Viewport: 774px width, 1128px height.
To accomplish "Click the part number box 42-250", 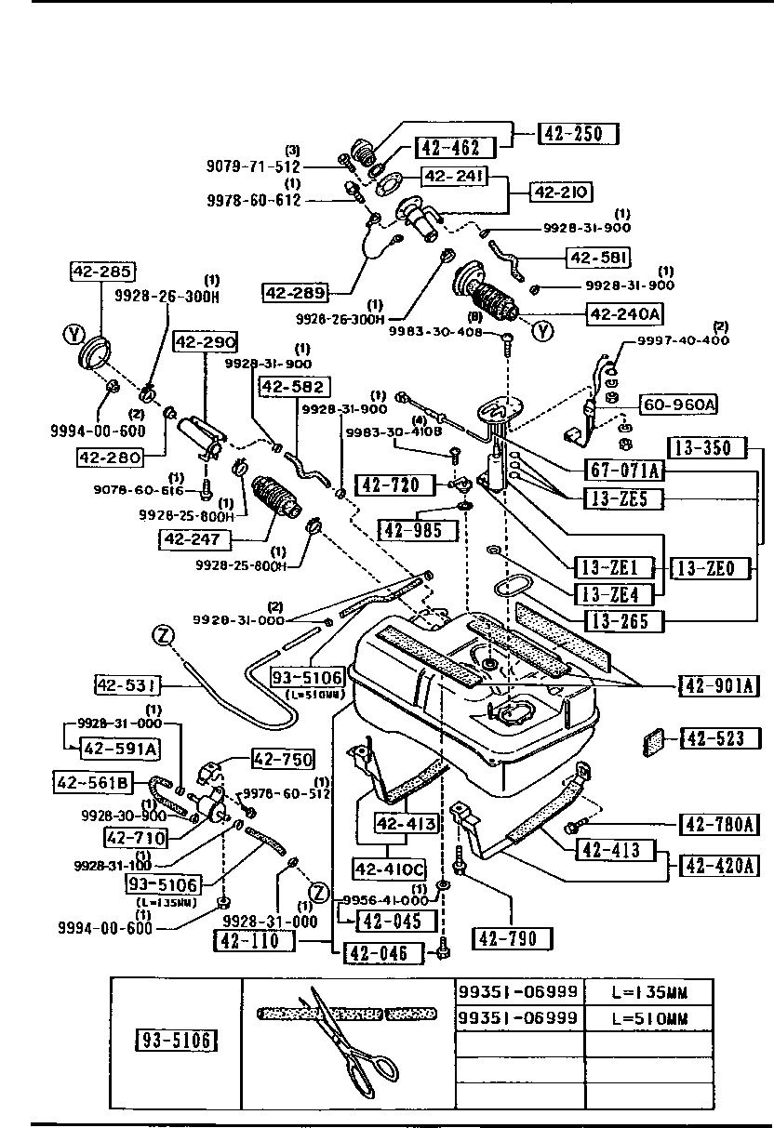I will click(x=579, y=134).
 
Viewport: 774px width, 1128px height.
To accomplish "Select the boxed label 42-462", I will click(x=448, y=147).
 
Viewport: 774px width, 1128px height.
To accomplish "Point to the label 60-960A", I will click(x=678, y=404).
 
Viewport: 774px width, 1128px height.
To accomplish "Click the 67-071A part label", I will click(x=623, y=471).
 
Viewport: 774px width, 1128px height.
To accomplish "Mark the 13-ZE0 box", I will click(x=704, y=567).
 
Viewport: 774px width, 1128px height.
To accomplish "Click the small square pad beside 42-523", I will click(x=657, y=740).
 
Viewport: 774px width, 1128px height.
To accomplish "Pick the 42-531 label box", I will click(x=128, y=685).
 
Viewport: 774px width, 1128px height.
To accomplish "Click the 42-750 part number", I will click(x=282, y=759).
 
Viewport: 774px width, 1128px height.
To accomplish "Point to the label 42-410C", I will click(x=388, y=869).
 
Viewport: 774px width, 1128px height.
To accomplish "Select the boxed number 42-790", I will click(x=512, y=937).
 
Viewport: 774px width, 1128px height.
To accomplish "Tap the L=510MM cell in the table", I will click(x=649, y=1018).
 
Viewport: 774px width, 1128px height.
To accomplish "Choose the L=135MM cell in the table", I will click(x=649, y=991).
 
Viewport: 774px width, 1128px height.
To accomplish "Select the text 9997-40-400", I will click(x=683, y=341).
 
